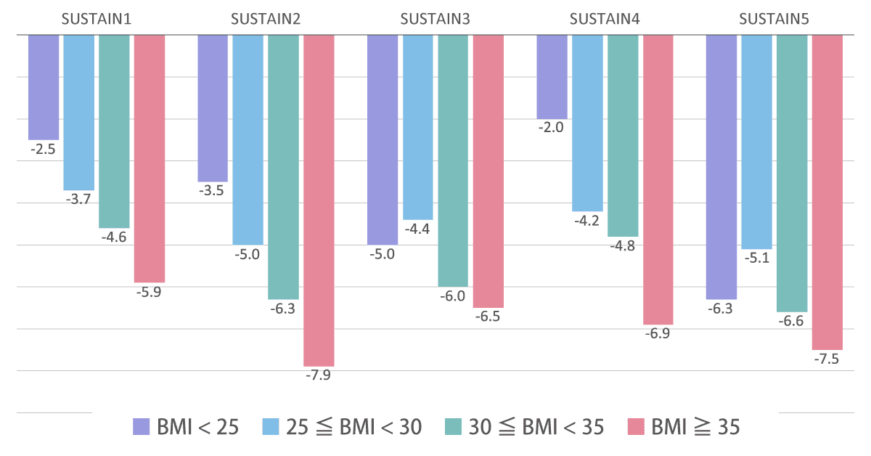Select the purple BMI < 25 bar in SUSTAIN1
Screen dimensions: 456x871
pos(44,87)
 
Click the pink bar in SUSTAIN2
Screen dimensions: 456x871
pos(319,200)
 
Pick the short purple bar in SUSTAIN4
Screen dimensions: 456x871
pos(552,76)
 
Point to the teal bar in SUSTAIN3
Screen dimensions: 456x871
pos(453,160)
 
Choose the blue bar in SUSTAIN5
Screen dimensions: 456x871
pos(756,142)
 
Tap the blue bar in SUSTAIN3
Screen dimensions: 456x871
pos(417,127)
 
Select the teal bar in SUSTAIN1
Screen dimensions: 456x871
pos(114,131)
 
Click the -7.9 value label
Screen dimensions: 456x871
pos(319,375)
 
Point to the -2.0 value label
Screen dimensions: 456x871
pos(552,127)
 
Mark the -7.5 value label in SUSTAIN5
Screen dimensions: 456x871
pos(827,359)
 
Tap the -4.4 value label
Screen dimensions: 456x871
pos(417,229)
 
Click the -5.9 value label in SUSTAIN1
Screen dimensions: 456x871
pos(149,292)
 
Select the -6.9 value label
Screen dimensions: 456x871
pos(658,334)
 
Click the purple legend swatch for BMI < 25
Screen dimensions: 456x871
pos(141,427)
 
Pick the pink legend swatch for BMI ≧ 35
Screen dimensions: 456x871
pos(635,427)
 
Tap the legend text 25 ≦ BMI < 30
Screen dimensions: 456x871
pos(353,427)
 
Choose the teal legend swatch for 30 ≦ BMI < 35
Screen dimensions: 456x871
pos(453,427)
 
